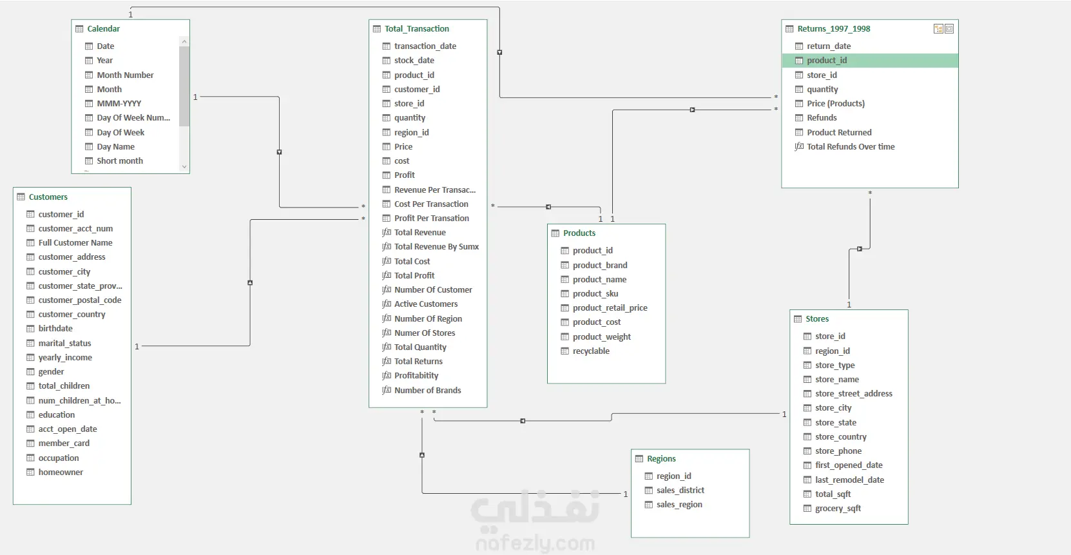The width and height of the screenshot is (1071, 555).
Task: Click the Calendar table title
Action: click(x=103, y=29)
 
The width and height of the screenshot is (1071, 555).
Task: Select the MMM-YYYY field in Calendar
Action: click(x=119, y=103)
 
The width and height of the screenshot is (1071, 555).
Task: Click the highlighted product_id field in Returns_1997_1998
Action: click(x=827, y=61)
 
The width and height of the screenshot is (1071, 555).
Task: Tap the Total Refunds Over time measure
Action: click(x=851, y=146)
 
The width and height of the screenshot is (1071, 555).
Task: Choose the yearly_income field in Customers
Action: click(x=65, y=357)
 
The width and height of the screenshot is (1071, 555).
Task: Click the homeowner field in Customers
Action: click(x=61, y=472)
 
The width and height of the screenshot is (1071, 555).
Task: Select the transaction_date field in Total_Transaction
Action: click(x=425, y=46)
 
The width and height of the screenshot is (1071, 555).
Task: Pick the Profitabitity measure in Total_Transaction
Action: click(x=416, y=376)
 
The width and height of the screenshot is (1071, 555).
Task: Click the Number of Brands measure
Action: click(x=427, y=391)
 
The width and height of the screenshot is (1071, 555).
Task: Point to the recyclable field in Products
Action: click(x=591, y=351)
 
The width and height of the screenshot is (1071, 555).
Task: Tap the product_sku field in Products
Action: click(x=595, y=294)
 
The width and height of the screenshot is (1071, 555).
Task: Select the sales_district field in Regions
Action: click(x=680, y=490)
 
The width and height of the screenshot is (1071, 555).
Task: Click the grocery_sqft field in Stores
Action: click(x=838, y=508)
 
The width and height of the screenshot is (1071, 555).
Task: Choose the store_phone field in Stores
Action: click(x=838, y=451)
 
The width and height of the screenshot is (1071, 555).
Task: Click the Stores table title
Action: click(x=817, y=318)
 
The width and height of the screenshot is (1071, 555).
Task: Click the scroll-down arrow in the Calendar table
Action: click(x=184, y=166)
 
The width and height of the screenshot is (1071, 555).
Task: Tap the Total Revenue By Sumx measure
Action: click(x=436, y=246)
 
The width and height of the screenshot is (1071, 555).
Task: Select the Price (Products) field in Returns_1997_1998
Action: click(x=836, y=103)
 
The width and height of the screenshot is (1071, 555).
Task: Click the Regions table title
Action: click(x=661, y=458)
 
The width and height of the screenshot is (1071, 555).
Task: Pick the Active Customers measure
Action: click(x=425, y=304)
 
